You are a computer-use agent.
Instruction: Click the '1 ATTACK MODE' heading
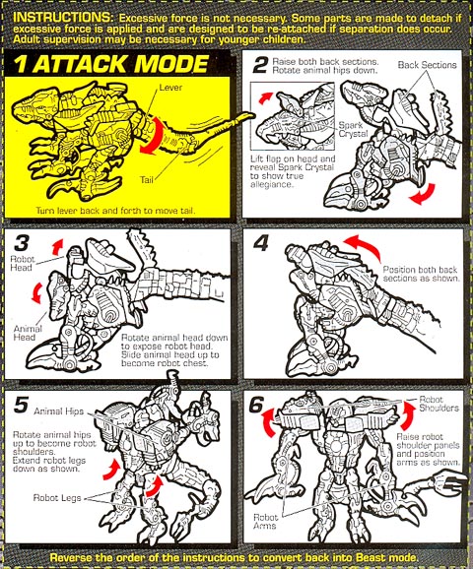tap(111, 64)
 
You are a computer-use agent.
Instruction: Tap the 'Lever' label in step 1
tap(170, 88)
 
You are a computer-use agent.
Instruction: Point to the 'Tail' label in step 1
tap(147, 179)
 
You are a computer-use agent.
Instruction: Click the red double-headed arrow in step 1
tap(154, 135)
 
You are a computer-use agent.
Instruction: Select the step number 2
tap(260, 66)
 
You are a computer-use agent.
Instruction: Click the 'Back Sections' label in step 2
tap(428, 65)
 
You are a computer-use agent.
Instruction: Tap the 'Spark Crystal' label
tap(353, 130)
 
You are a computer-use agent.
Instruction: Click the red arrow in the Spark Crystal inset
tap(265, 97)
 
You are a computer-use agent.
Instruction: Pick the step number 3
tap(22, 243)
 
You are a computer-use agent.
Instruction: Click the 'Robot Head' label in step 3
tap(22, 264)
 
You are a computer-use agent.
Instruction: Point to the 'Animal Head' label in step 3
tap(28, 333)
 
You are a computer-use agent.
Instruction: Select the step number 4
tap(260, 243)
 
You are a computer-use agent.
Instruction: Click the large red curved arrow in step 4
tap(365, 245)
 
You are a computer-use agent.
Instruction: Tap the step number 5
tap(21, 405)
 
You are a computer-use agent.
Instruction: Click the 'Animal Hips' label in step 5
tap(59, 411)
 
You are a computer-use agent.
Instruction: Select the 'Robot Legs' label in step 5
tap(57, 497)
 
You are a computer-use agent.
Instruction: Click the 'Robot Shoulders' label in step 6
tap(439, 404)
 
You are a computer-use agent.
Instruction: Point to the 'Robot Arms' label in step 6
tap(265, 522)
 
